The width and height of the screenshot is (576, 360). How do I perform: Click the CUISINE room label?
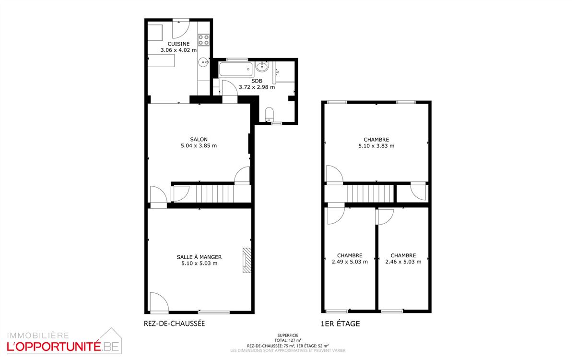pos(178,44)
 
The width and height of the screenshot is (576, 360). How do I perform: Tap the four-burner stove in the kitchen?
pos(203,40)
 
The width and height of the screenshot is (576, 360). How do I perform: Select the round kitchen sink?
pos(204,62)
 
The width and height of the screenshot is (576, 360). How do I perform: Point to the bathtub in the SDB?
pos(236,69)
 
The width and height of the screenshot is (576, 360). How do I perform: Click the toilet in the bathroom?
pos(269,114)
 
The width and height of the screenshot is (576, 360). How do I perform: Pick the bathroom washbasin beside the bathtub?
pos(262,67)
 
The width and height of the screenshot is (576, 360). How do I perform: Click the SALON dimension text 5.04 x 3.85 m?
pos(199,145)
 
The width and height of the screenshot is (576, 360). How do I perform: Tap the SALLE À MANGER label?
pos(199,257)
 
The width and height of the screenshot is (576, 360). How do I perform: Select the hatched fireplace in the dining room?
pos(247,260)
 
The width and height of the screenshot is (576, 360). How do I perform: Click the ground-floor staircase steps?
pos(215,194)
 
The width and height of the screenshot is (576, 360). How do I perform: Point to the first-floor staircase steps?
pos(370,194)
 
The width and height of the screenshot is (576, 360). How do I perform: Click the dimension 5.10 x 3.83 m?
pos(376,146)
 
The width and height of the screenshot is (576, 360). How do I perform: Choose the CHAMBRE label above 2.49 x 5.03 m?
pos(350,255)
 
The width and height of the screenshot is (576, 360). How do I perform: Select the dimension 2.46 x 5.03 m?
pos(403,262)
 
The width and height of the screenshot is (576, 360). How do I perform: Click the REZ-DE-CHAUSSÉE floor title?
pos(175,324)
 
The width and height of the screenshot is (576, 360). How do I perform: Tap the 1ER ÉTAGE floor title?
pos(341,324)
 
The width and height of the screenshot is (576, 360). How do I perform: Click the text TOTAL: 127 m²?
pos(288,340)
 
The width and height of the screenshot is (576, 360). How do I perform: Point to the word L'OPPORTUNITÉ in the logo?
pos(54,347)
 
